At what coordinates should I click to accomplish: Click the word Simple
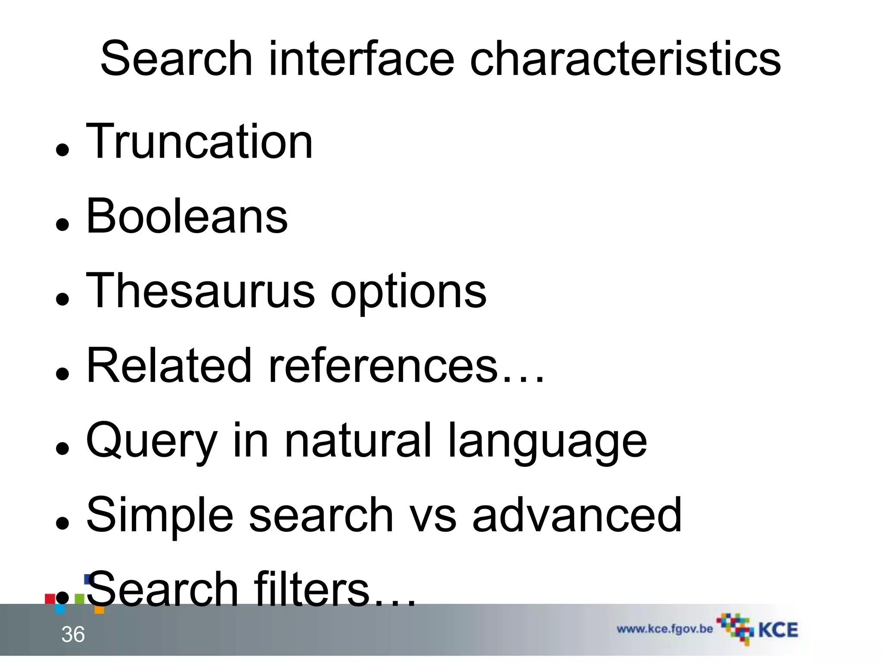coord(160,515)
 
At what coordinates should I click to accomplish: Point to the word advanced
coord(577,515)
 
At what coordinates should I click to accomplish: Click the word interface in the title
coord(361,59)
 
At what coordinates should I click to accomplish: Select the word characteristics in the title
coord(625,59)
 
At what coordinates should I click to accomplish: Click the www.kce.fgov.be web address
coord(665,629)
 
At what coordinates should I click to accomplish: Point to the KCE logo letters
coord(778,630)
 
